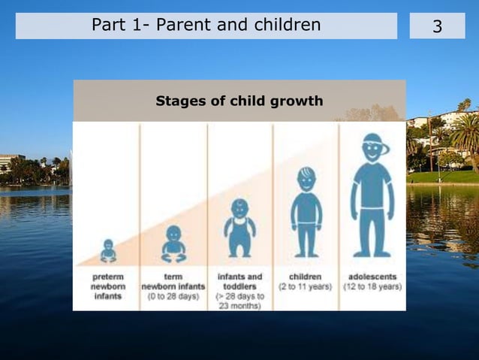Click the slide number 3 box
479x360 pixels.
point(437,26)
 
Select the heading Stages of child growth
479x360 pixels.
point(239,101)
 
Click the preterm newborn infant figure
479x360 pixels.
point(108,251)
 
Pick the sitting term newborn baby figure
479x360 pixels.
point(173,244)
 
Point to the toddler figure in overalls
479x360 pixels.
point(239,228)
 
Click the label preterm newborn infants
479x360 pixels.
point(108,286)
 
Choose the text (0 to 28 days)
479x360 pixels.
point(173,296)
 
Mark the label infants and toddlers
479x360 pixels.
point(239,282)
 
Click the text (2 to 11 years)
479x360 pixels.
point(306,286)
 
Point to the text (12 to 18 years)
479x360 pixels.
point(372,286)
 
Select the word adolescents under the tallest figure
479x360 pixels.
point(372,277)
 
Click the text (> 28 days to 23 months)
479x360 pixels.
point(239,301)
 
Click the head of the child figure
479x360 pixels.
point(306,179)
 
